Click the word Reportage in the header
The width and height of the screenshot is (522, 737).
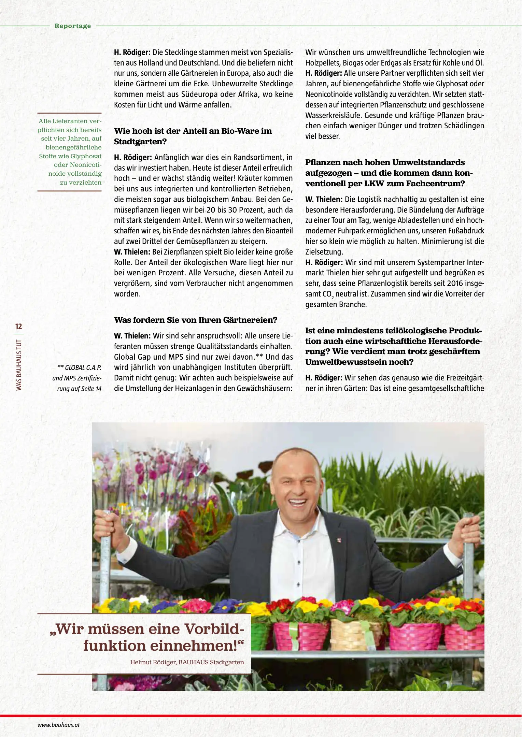point(73,26)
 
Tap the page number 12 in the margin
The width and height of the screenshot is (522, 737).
point(18,326)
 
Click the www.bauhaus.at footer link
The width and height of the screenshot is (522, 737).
point(58,725)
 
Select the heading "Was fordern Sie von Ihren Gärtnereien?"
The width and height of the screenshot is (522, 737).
point(196,320)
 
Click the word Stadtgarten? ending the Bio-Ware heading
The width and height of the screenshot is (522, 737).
point(140,142)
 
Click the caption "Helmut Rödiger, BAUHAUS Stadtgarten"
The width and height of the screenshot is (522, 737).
point(187,662)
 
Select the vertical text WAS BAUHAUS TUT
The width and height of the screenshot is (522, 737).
point(19,365)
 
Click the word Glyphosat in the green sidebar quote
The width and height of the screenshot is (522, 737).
point(86,156)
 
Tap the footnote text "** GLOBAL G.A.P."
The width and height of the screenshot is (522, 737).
point(80,367)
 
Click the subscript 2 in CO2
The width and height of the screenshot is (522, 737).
point(333,298)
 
